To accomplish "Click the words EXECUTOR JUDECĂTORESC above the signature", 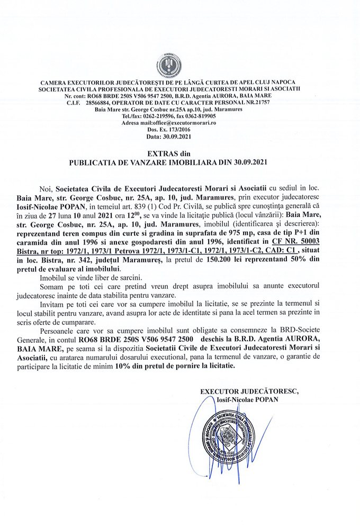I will (x=249, y=391).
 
